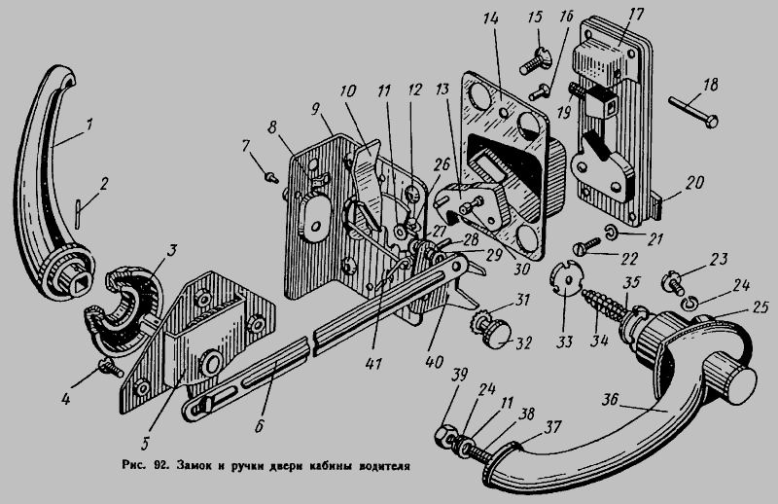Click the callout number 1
click(x=89, y=124)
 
